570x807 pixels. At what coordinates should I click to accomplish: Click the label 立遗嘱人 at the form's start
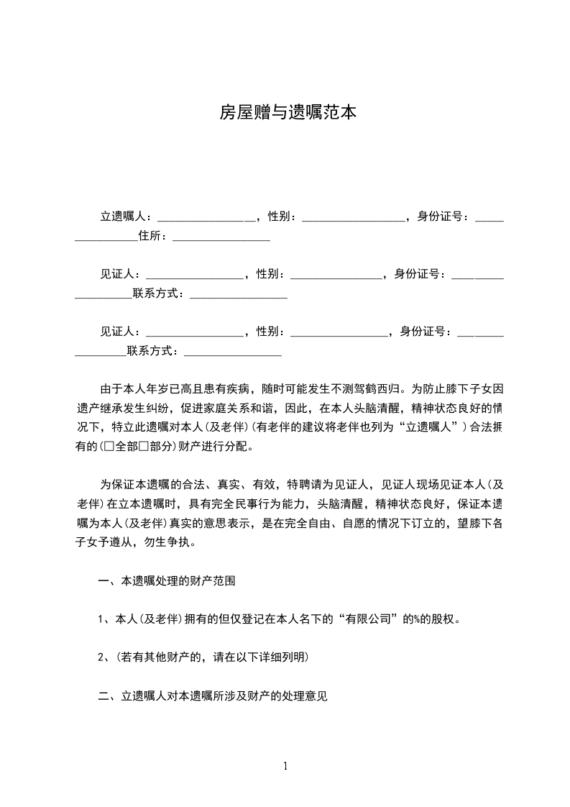tap(123, 216)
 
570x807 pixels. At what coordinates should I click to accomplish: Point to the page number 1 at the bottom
tap(285, 766)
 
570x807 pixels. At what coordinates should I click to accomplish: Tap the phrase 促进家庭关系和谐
tap(201, 408)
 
